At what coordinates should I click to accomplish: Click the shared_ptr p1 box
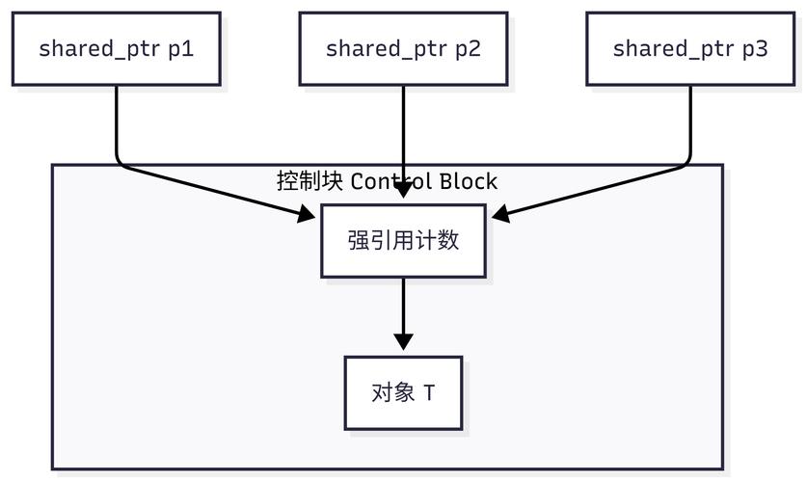coord(117,48)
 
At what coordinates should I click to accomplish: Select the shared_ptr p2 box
coord(403,48)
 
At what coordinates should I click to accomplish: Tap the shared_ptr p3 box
coord(690,48)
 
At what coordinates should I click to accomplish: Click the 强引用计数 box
coord(403,240)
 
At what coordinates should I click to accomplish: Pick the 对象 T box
coord(403,392)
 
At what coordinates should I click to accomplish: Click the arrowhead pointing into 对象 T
coord(403,342)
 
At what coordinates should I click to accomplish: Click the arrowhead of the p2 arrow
coord(403,191)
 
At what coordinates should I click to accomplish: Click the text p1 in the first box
coord(181,48)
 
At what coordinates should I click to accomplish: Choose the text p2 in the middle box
coord(468,48)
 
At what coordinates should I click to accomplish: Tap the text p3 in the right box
coord(755,48)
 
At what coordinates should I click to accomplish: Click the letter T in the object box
coord(429,393)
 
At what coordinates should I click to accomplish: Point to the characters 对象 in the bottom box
coord(392,393)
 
